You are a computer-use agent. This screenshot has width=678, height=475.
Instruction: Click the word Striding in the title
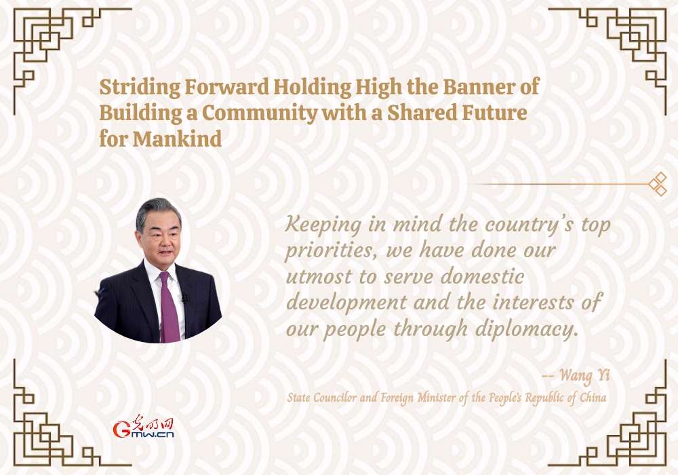pyautogui.click(x=140, y=88)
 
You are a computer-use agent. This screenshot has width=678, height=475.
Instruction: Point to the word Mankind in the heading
pyautogui.click(x=177, y=139)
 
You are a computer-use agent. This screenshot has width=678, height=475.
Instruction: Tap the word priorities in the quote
pyautogui.click(x=327, y=251)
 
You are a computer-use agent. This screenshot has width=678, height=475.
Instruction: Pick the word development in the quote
pyautogui.click(x=346, y=303)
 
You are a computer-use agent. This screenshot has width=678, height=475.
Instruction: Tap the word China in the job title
pyautogui.click(x=593, y=397)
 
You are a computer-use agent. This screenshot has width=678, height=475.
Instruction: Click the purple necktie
pyautogui.click(x=169, y=307)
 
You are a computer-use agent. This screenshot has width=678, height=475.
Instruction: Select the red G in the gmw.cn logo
pyautogui.click(x=121, y=429)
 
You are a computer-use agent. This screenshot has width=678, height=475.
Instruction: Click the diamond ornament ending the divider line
pyautogui.click(x=658, y=184)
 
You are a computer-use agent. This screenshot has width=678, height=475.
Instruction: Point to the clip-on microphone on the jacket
pyautogui.click(x=185, y=298)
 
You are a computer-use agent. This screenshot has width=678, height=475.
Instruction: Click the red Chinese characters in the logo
pyautogui.click(x=153, y=422)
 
